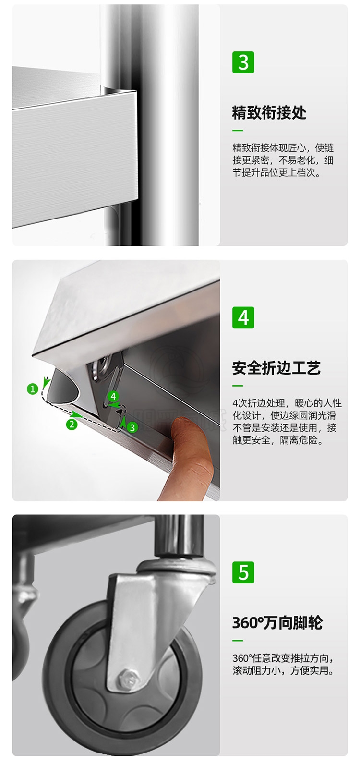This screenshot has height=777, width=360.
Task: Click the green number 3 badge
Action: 243,62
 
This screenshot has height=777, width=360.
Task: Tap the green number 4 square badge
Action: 243,317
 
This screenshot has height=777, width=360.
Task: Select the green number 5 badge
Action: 243,572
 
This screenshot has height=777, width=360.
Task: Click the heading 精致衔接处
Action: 269,113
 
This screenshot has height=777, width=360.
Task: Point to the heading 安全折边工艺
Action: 276,368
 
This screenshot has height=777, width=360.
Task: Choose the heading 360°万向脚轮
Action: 277,623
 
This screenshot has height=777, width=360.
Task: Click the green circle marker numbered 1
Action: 33,389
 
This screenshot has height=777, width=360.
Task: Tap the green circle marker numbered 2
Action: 72,424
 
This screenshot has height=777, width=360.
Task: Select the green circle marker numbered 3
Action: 132,428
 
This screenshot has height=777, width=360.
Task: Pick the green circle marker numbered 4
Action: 113,396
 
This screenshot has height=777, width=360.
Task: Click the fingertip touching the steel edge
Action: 184,425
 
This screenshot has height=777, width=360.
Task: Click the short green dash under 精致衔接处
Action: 237,131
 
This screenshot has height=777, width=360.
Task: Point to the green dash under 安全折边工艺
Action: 237,386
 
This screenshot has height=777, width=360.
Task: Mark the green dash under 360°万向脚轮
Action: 237,640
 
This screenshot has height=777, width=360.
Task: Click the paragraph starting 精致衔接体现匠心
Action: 283,160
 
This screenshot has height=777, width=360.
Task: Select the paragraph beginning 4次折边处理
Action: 287,422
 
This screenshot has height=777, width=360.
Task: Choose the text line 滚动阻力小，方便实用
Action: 283,670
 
